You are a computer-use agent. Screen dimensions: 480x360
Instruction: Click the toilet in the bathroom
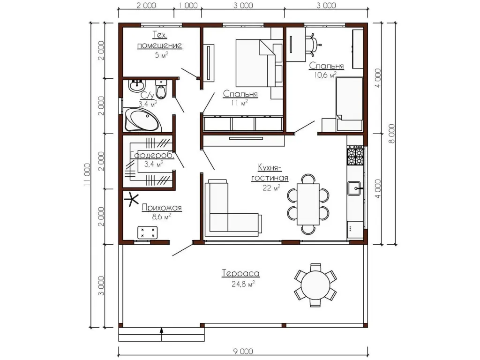point(161,89)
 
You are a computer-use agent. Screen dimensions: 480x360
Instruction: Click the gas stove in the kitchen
point(355,156)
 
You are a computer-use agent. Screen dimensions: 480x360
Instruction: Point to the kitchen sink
point(354,188)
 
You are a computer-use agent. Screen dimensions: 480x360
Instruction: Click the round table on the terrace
point(315,285)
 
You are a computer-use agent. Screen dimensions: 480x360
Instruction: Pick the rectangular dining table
point(308,204)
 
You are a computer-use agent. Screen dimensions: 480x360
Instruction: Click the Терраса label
point(240,273)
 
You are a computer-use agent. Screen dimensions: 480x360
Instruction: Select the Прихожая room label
point(162,208)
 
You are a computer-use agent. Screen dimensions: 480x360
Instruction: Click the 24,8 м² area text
point(243,284)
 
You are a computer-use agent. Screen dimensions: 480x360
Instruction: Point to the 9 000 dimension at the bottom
point(243,351)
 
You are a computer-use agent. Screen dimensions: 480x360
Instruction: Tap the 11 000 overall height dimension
point(87,175)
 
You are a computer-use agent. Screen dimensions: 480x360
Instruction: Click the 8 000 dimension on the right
point(391,134)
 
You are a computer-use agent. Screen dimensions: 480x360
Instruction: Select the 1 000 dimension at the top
point(187,6)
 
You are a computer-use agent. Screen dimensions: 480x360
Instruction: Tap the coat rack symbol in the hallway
point(132,200)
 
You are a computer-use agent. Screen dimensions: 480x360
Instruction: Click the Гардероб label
point(152,155)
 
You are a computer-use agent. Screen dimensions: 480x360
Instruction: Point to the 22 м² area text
point(271,187)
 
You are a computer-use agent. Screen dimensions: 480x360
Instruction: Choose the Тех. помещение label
point(159,40)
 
